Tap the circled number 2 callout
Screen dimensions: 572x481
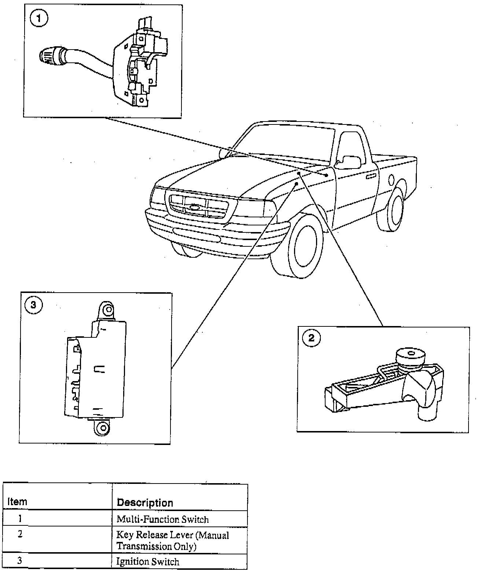coord(311,338)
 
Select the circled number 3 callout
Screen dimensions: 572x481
coord(33,305)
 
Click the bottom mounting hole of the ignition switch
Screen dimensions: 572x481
coord(103,427)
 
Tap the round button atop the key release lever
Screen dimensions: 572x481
coord(411,355)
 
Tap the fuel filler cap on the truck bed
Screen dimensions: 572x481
coord(391,180)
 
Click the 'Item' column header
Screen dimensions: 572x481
coord(18,502)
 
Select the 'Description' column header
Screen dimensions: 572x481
coord(145,502)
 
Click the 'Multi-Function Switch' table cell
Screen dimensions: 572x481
coord(162,519)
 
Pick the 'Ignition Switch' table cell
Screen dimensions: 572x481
coord(148,561)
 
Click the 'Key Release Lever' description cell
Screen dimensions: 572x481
coord(172,540)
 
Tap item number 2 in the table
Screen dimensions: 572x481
coord(20,534)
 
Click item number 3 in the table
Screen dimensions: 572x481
coord(20,561)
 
